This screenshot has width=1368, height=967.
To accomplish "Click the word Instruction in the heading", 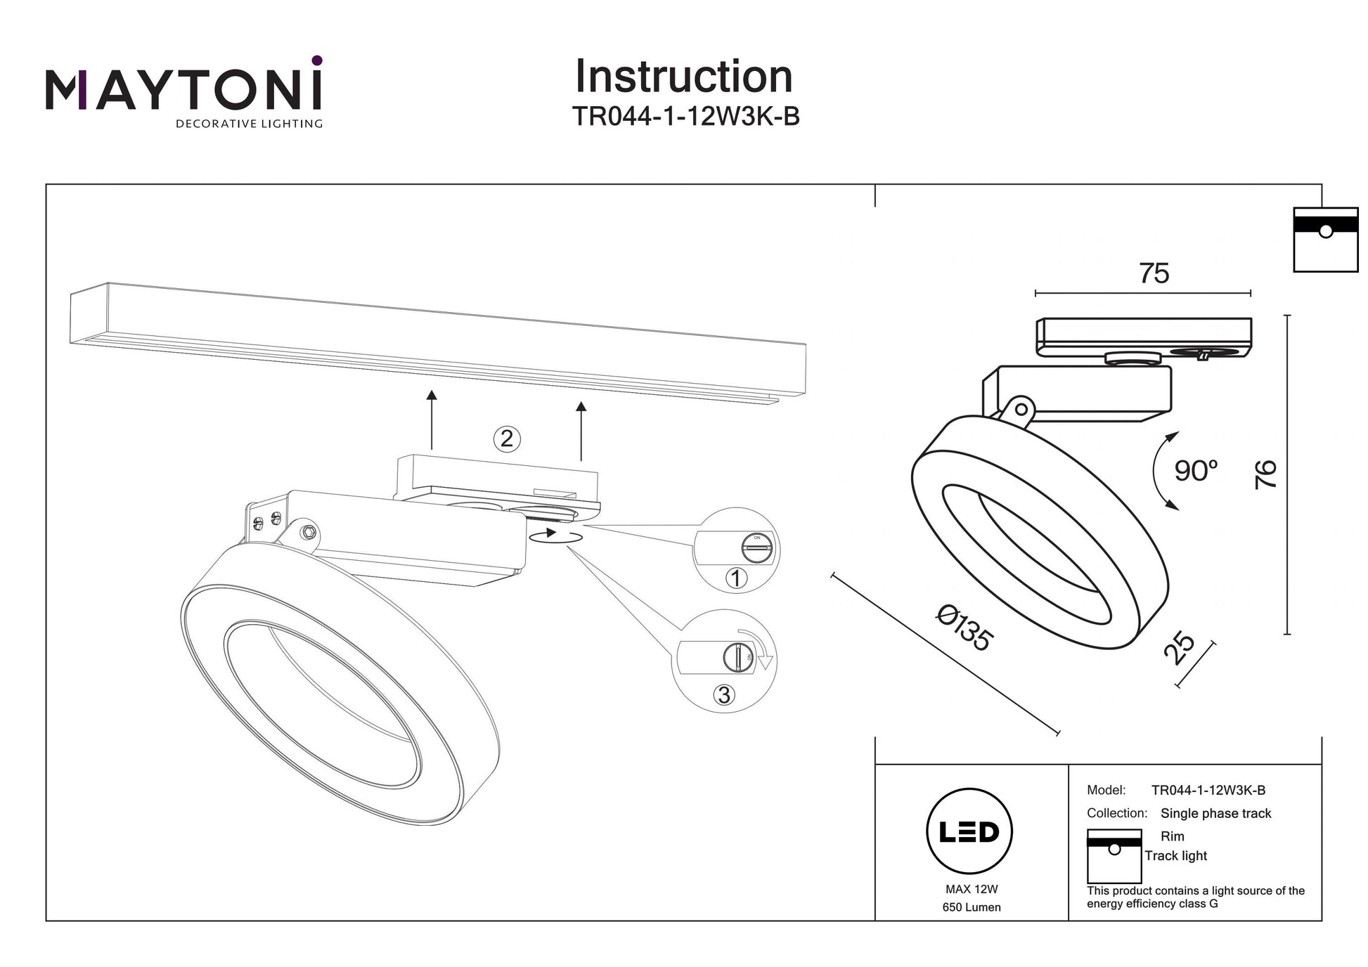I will (x=683, y=77).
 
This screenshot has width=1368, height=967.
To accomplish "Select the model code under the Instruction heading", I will (x=685, y=117).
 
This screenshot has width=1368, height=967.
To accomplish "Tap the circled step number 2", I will (x=507, y=439).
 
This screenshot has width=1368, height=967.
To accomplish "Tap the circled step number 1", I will (x=736, y=578).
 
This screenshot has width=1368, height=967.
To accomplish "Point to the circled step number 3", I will (x=724, y=695).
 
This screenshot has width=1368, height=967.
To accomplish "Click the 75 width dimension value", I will (x=1154, y=273).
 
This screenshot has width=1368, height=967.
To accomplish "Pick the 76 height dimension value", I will (x=1265, y=474).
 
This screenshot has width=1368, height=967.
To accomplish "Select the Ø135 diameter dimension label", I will (x=964, y=628).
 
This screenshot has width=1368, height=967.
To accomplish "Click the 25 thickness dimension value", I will (x=1179, y=648).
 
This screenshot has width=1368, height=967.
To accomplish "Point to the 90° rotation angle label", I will (x=1196, y=471).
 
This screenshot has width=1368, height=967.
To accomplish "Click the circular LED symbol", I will (x=969, y=831).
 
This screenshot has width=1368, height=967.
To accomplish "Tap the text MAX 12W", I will (x=972, y=889).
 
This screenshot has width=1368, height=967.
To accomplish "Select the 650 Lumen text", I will (x=972, y=907).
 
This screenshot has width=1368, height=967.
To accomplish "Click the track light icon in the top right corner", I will (x=1325, y=240).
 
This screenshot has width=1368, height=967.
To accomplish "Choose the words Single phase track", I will (x=1215, y=813).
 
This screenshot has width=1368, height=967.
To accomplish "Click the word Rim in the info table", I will (x=1172, y=836).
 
